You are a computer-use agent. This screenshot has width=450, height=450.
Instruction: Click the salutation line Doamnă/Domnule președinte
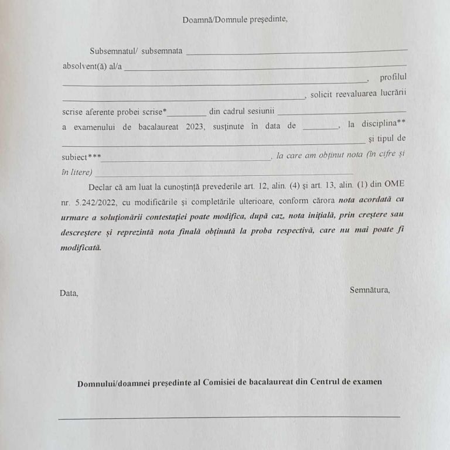[235, 19]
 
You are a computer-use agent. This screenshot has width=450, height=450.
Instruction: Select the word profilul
[393, 77]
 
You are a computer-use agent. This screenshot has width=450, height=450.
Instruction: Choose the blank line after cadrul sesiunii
[342, 111]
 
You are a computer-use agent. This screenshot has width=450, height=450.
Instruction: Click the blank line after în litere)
[223, 174]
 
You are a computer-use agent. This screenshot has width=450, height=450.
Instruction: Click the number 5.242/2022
[93, 202]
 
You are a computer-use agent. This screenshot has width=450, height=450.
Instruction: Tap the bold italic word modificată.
[81, 247]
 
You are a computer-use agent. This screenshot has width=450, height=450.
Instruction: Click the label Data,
[69, 293]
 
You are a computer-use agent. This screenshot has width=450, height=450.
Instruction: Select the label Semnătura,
[370, 289]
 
